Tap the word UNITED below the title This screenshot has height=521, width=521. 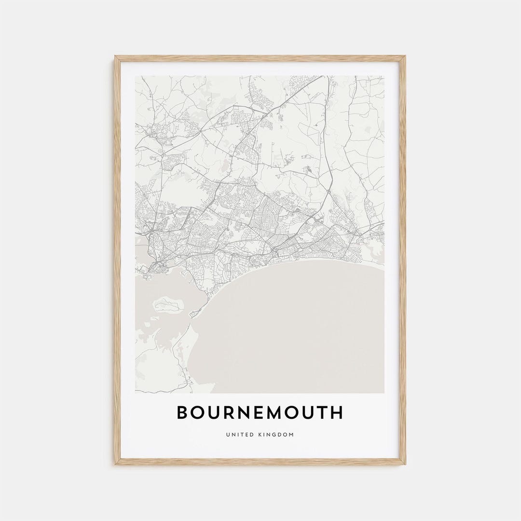click(x=239, y=435)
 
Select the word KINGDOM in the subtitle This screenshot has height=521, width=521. click(x=275, y=435)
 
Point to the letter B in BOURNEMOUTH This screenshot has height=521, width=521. click(x=182, y=412)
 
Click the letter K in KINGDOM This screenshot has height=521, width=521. click(x=259, y=435)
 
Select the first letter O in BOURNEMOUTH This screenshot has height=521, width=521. click(x=198, y=412)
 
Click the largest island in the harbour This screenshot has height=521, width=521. click(x=168, y=305)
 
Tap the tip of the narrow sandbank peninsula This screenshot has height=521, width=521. click(x=192, y=316)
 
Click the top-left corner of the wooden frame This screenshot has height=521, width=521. click(x=116, y=57)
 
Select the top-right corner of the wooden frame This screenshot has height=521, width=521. click(x=404, y=57)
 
